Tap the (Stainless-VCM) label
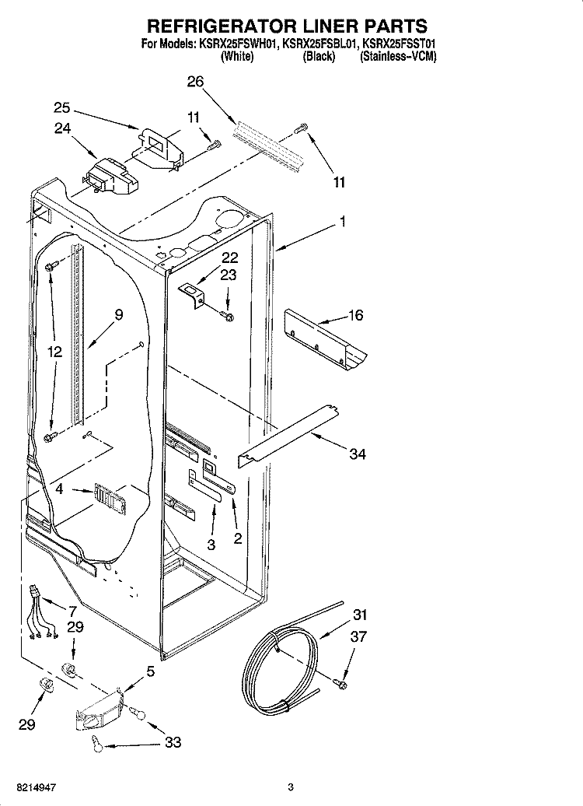click(398, 58)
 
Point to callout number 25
click(62, 108)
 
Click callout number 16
click(355, 316)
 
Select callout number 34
click(357, 454)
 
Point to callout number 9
click(118, 315)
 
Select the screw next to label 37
click(340, 683)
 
